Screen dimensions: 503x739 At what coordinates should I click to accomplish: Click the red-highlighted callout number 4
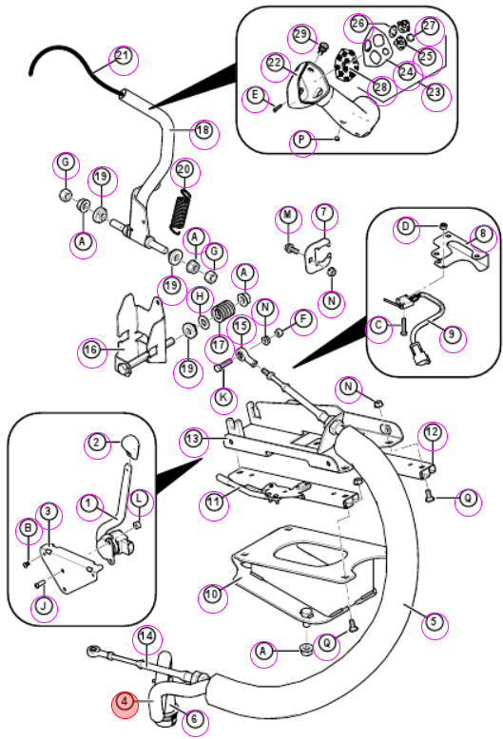click(125, 701)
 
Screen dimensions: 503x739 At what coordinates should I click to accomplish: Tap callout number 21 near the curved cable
click(123, 56)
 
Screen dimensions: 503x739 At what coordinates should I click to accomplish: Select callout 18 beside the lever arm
click(203, 129)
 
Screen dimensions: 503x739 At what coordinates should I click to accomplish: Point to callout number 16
click(90, 350)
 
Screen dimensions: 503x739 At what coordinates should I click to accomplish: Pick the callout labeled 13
click(192, 439)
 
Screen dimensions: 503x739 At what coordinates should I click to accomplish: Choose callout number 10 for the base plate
click(212, 594)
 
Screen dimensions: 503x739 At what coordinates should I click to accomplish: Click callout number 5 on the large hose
click(434, 620)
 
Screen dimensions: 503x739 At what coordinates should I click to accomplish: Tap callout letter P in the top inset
click(301, 140)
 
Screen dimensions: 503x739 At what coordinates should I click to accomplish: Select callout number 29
click(300, 34)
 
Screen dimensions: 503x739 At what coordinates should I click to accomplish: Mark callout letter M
click(287, 216)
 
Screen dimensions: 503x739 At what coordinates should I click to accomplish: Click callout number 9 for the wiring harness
click(452, 333)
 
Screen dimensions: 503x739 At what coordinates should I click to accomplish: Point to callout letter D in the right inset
click(405, 227)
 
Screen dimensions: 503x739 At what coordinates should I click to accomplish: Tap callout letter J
click(44, 606)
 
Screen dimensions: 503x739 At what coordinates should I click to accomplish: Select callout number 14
click(146, 636)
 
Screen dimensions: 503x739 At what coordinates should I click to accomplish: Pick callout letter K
click(222, 396)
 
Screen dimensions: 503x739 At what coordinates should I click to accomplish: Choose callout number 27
click(430, 26)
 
